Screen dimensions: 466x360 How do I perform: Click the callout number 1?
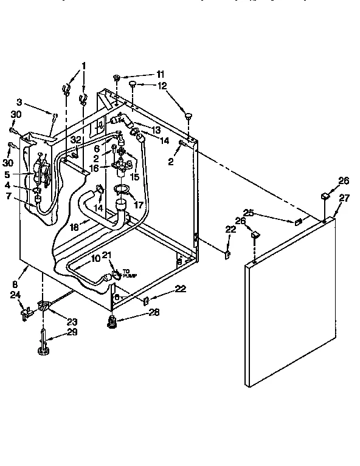(83, 66)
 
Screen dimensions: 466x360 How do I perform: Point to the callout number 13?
(156, 130)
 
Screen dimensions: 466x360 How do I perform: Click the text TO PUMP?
(131, 274)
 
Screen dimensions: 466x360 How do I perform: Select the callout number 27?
(344, 197)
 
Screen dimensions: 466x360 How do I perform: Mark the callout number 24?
(15, 295)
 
